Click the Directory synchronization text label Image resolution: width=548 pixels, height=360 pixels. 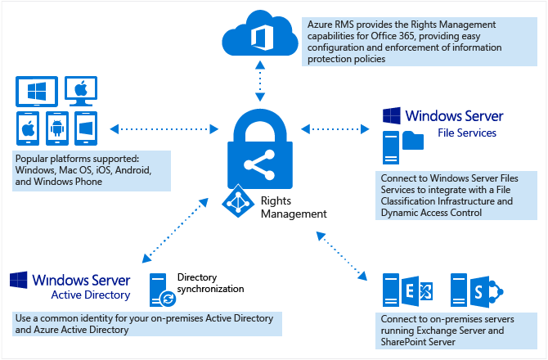(210, 283)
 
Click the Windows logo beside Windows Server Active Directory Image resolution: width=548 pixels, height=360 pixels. (19, 280)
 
